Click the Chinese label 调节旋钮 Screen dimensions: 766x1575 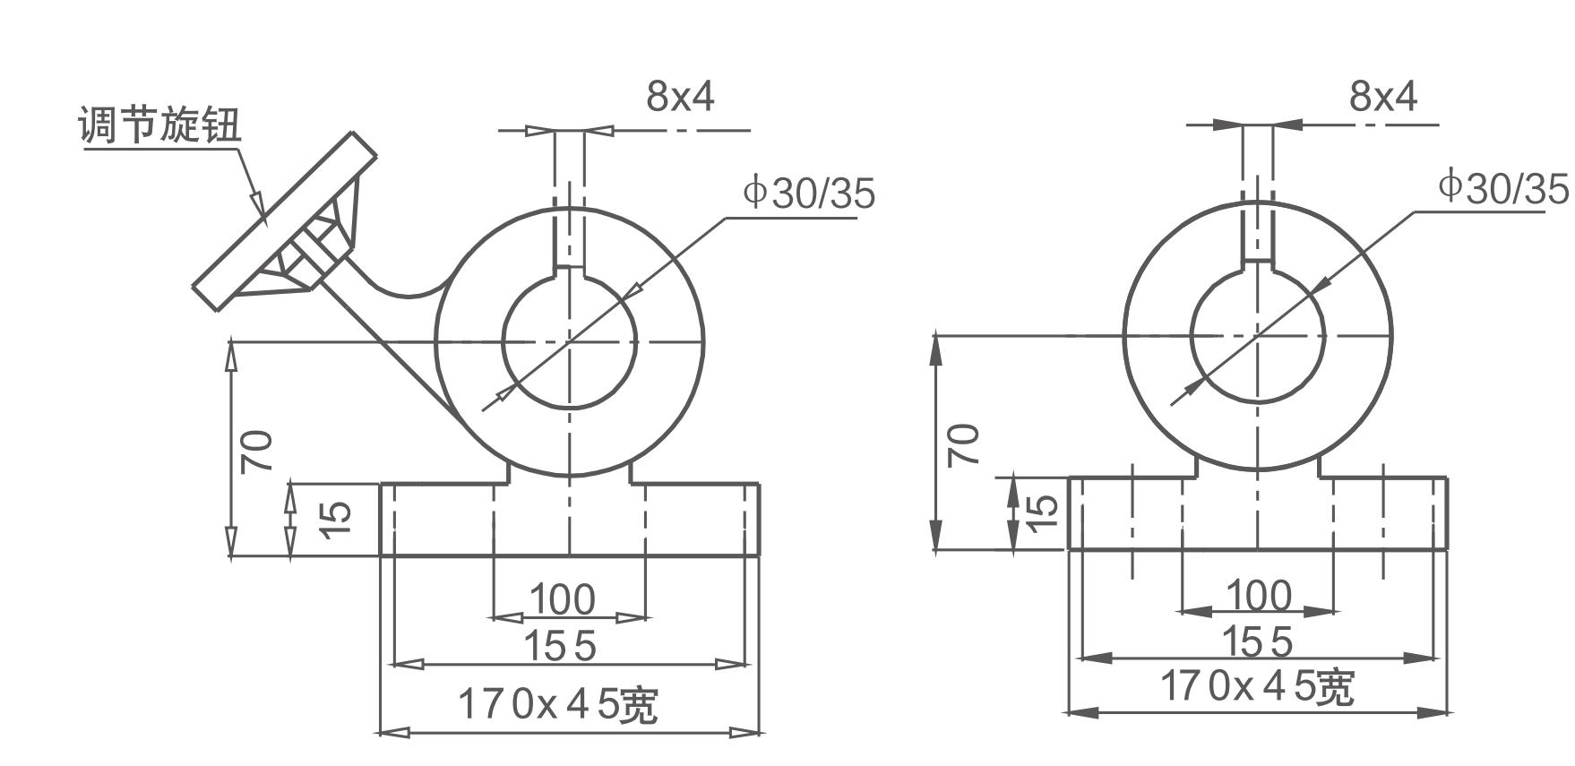(x=159, y=125)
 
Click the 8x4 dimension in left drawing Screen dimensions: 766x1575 (x=680, y=96)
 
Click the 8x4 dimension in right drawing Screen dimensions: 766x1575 (x=1383, y=95)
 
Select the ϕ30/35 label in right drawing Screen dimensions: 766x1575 (x=1504, y=188)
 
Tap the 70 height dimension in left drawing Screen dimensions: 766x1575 (x=257, y=451)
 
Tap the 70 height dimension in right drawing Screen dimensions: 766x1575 (x=963, y=445)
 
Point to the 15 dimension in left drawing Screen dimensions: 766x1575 (x=335, y=519)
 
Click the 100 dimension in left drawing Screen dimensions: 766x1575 (x=562, y=599)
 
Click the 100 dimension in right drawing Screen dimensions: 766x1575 (x=1258, y=596)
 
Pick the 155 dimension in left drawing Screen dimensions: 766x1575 (x=559, y=646)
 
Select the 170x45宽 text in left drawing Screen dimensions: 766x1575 (x=557, y=705)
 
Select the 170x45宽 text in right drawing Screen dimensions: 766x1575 (x=1257, y=687)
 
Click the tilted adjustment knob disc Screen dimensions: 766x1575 (x=285, y=221)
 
